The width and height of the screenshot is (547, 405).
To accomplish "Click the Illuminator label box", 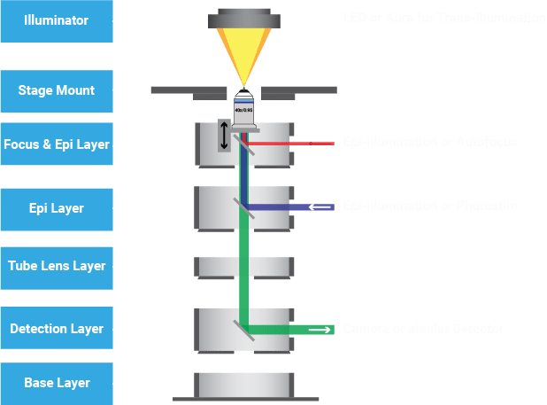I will pos(57,21).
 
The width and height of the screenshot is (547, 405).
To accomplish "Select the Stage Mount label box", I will pos(57,90).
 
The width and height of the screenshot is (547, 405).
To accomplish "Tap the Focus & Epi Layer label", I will pos(57,145).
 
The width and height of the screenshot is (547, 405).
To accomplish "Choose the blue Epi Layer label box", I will pos(57,209).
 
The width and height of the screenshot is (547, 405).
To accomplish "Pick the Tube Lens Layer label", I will pos(57,267).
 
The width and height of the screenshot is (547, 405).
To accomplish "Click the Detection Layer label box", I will pos(57,329).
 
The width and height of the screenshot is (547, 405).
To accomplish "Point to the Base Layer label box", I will pos(57,384).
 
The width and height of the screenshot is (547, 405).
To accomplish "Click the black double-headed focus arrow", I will pos(224,135).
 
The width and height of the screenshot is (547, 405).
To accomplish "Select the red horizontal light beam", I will pos(292,142).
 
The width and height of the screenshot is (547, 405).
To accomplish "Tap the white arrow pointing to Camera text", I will pos(319,330).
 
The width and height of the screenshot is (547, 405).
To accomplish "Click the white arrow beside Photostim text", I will pos(319,206).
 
